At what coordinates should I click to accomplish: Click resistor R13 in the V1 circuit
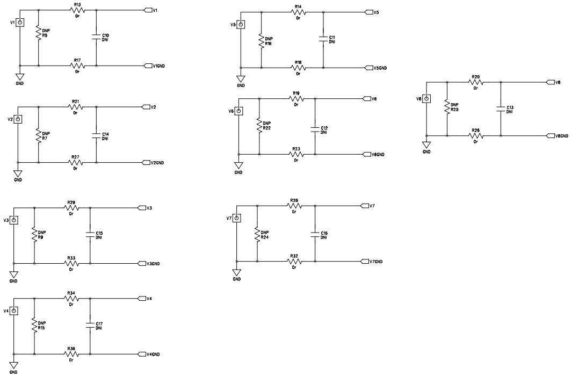click(x=77, y=10)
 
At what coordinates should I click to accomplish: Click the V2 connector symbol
click(x=18, y=119)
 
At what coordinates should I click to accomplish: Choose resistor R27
click(x=75, y=162)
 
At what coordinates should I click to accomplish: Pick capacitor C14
click(x=96, y=136)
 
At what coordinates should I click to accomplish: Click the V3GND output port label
click(x=153, y=264)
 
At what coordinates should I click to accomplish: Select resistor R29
click(x=71, y=207)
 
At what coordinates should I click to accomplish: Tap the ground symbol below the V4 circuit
click(x=13, y=366)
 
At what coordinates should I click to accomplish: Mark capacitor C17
click(x=90, y=326)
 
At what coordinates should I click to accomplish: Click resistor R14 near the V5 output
click(x=298, y=12)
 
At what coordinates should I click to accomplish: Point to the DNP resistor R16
click(x=261, y=41)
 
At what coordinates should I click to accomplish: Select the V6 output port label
click(x=371, y=99)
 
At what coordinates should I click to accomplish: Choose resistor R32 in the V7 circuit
click(x=294, y=262)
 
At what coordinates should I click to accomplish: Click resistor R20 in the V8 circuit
click(x=475, y=83)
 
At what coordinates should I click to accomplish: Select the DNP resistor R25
click(x=447, y=109)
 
